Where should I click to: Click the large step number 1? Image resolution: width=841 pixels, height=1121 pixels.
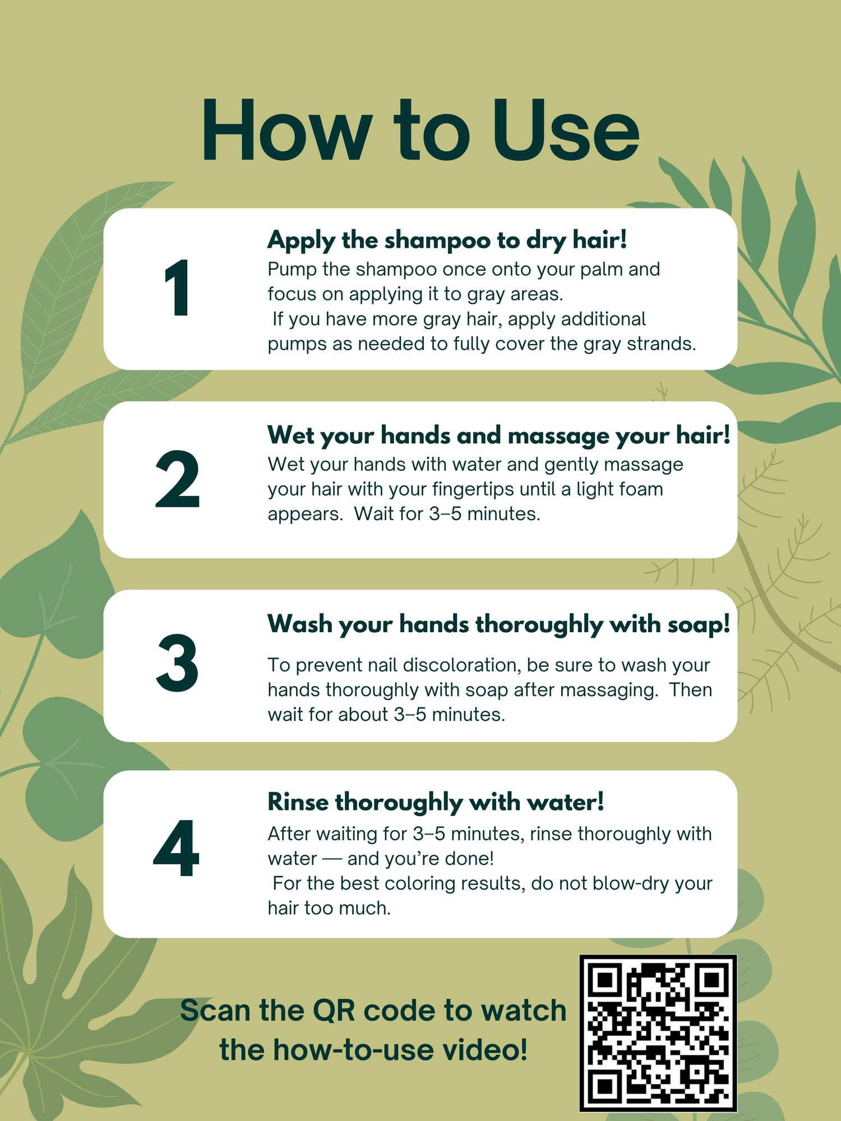pos(178,289)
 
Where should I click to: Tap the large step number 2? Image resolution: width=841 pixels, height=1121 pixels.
pos(177,479)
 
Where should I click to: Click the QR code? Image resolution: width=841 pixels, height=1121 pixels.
pos(658,1033)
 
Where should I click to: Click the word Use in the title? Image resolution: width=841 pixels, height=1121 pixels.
pos(566,131)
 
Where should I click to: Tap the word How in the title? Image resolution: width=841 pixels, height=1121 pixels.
pos(287,131)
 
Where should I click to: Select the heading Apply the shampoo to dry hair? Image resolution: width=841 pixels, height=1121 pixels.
pos(447,240)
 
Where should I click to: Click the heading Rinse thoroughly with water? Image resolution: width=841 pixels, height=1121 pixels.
pos(436,802)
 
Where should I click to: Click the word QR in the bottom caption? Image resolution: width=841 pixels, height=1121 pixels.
pos(334,1011)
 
